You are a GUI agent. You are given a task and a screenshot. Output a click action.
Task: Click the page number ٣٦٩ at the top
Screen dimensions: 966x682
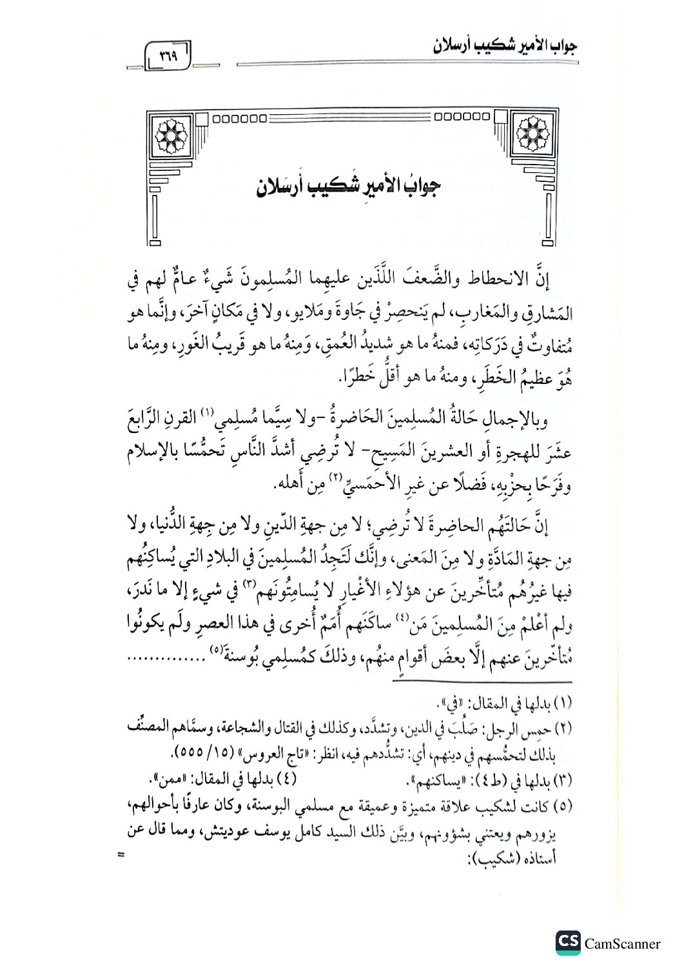(167, 55)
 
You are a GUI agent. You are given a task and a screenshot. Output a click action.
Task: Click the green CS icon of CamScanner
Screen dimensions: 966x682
(568, 943)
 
